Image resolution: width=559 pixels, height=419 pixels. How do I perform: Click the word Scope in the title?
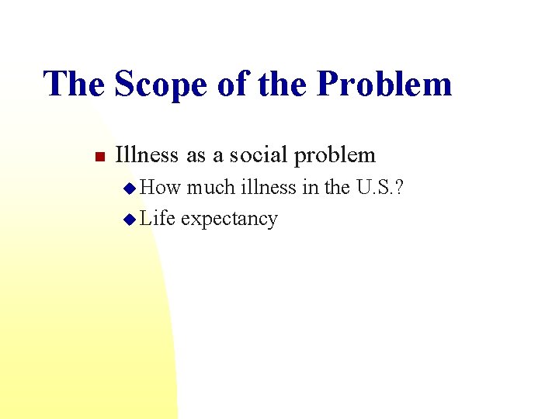click(158, 84)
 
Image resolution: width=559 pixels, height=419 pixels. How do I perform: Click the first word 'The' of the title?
click(75, 84)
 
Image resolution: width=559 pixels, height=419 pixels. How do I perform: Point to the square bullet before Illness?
click(99, 157)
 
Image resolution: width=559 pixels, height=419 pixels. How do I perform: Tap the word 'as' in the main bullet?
click(196, 156)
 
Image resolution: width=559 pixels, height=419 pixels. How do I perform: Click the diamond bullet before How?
click(130, 188)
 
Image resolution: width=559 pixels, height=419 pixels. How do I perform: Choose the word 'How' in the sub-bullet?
click(160, 187)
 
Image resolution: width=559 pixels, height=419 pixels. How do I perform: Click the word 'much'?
click(208, 187)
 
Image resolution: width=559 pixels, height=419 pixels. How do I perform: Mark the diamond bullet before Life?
click(130, 220)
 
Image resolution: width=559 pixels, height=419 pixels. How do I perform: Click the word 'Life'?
click(158, 219)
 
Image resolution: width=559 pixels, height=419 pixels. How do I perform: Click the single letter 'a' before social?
click(218, 156)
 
